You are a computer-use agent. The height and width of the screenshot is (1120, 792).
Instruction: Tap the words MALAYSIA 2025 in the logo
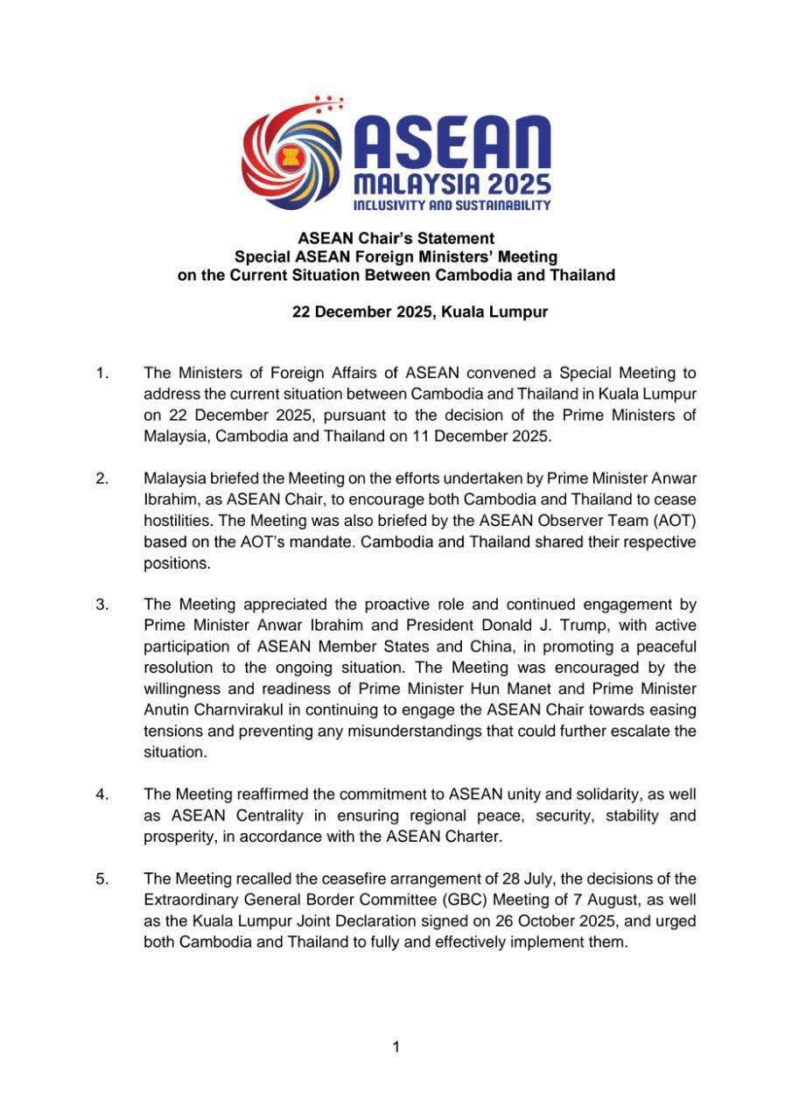(x=451, y=184)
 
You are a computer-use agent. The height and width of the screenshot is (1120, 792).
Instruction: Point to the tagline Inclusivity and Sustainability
(x=451, y=206)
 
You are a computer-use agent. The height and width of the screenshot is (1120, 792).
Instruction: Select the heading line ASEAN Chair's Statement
(x=396, y=238)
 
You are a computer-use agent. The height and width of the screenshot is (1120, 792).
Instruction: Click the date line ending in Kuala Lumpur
(x=420, y=312)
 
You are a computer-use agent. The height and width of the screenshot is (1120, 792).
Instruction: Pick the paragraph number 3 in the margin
(x=102, y=605)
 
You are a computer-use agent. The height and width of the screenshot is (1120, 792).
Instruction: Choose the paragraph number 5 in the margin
(x=102, y=878)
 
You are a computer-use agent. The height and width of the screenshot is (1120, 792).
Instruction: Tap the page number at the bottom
(x=396, y=1046)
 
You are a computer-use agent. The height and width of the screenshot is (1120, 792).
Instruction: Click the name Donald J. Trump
(x=517, y=626)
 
